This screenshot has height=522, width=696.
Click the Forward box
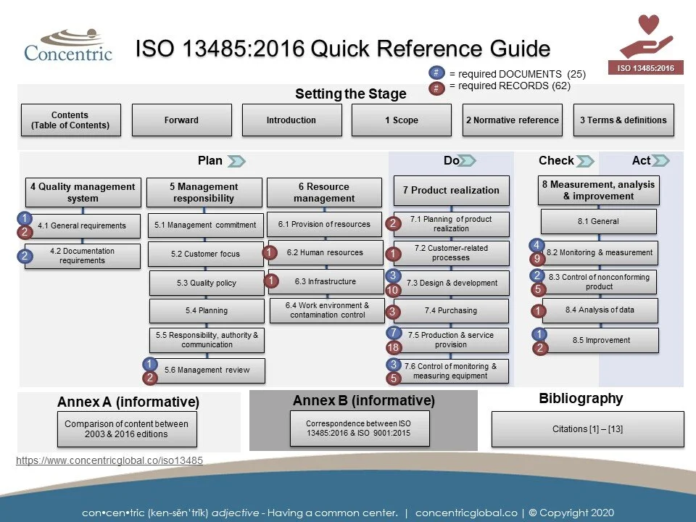pyautogui.click(x=181, y=120)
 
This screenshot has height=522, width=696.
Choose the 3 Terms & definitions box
pyautogui.click(x=623, y=120)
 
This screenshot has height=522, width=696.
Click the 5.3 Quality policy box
pyautogui.click(x=207, y=283)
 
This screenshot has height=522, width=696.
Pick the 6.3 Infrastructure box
pyautogui.click(x=326, y=281)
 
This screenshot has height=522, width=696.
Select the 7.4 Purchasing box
pyautogui.click(x=451, y=311)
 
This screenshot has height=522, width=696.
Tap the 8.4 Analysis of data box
pyautogui.click(x=600, y=310)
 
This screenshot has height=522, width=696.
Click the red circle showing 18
pyautogui.click(x=393, y=348)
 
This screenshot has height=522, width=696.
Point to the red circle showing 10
pyautogui.click(x=393, y=290)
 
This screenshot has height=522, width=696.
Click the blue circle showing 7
pyautogui.click(x=393, y=333)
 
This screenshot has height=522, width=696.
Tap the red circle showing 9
pyautogui.click(x=537, y=259)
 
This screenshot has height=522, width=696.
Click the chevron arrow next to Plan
pyautogui.click(x=236, y=161)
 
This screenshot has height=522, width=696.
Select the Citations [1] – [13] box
pyautogui.click(x=587, y=429)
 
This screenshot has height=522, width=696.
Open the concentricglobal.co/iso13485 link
pyautogui.click(x=109, y=460)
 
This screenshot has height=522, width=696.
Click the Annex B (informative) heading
pyautogui.click(x=363, y=401)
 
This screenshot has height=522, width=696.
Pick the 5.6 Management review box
pyautogui.click(x=207, y=370)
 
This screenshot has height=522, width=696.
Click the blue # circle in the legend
pyautogui.click(x=436, y=73)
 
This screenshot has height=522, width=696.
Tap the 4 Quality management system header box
pyautogui.click(x=83, y=193)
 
